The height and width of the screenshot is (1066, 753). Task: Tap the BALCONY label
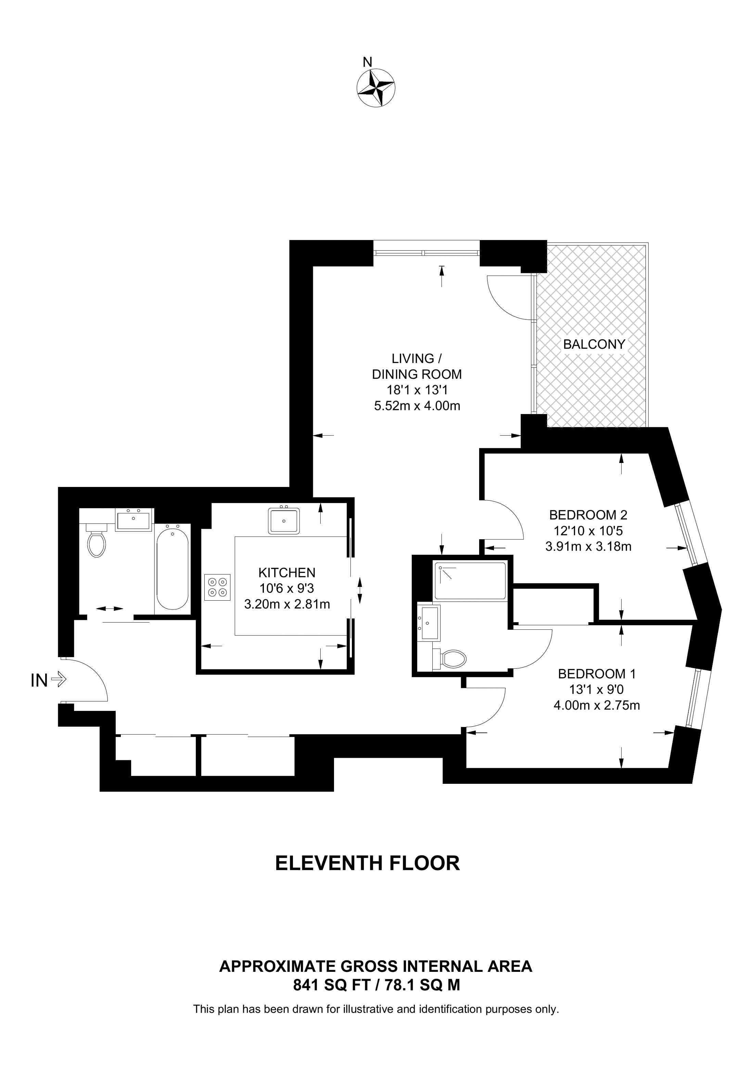(x=594, y=344)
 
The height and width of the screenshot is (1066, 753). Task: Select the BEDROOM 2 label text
(x=588, y=515)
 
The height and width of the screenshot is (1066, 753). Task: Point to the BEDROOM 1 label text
(x=597, y=674)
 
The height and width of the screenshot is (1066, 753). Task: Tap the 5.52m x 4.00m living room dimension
(x=417, y=406)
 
